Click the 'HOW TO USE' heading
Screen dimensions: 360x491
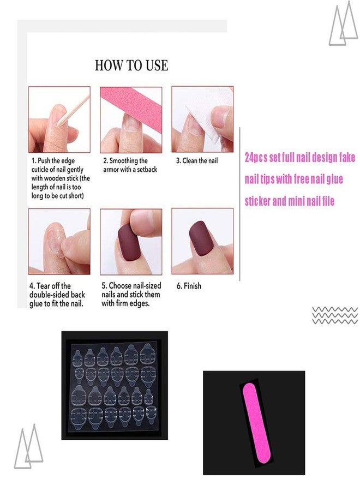(131, 65)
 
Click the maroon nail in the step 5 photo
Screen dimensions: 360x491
(129, 242)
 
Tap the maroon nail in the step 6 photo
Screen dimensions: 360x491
(201, 238)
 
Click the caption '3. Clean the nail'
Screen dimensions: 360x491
(197, 160)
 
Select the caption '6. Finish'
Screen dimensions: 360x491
(189, 286)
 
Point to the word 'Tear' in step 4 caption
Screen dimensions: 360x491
(44, 286)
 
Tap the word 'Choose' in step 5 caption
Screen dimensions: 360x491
(120, 285)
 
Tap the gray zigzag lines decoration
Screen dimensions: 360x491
(335, 315)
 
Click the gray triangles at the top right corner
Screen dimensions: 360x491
(343, 23)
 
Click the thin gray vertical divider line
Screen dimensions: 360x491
(239, 204)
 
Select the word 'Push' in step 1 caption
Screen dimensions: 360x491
(44, 161)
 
